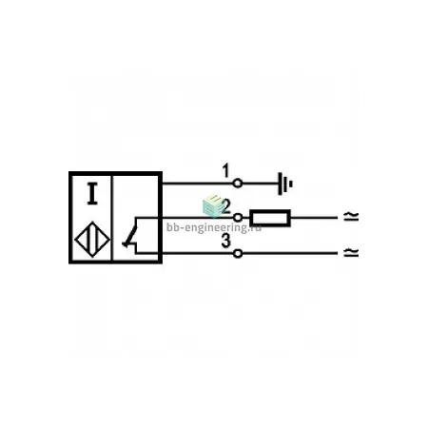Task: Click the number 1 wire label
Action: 225,170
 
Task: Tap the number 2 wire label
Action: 225,206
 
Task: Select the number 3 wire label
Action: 225,242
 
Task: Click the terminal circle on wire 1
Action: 238,184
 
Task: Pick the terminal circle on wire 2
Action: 238,218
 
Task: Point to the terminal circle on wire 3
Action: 238,253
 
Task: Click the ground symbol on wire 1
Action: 284,184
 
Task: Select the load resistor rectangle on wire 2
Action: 270,218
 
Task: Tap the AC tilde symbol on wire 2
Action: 351,217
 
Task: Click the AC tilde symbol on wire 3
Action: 351,252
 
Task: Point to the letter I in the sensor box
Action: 92,193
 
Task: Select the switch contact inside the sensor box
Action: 130,235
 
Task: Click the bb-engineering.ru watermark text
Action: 214,227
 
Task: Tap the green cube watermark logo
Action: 213,205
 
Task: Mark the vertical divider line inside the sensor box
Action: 112,218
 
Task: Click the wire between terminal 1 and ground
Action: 261,184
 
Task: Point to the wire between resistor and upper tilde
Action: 314,218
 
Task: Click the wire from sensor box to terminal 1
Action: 198,184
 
